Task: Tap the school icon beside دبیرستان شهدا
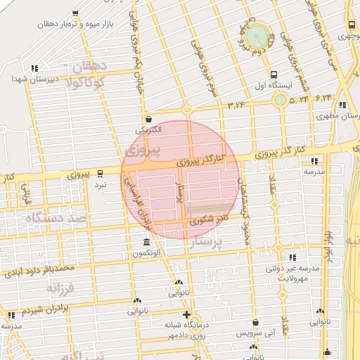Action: [x=34, y=68]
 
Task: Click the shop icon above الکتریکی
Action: [x=148, y=119]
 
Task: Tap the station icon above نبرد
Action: [x=101, y=172]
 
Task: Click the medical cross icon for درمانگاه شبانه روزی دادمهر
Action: [x=186, y=315]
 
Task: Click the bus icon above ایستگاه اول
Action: [x=274, y=75]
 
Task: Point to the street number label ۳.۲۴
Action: [x=238, y=105]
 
